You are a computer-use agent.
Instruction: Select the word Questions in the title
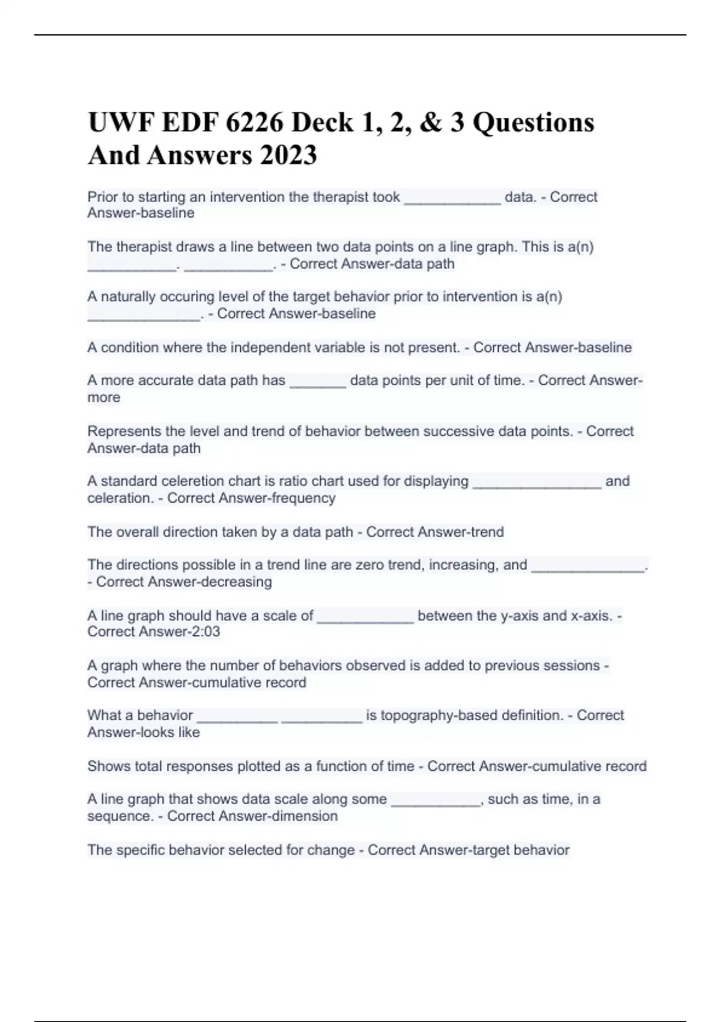tap(534, 123)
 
